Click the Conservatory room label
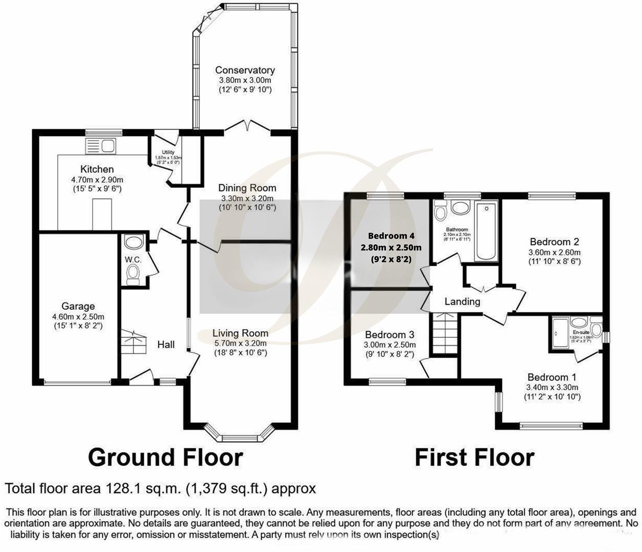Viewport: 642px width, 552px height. point(245,70)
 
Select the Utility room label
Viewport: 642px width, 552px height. point(168,152)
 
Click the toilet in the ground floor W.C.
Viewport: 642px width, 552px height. point(133,272)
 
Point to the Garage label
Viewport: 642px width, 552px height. point(78,306)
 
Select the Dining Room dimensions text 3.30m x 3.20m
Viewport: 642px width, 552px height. point(247,198)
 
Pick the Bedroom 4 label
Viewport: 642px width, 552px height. point(391,236)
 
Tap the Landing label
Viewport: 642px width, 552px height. point(462,302)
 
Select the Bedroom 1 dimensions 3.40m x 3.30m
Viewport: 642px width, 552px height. point(552,387)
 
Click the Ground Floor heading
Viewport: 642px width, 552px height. point(165,457)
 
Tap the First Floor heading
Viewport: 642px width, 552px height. point(474,457)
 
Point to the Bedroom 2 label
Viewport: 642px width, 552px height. point(554,242)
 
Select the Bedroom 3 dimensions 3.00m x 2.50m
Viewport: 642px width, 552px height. point(389,344)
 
